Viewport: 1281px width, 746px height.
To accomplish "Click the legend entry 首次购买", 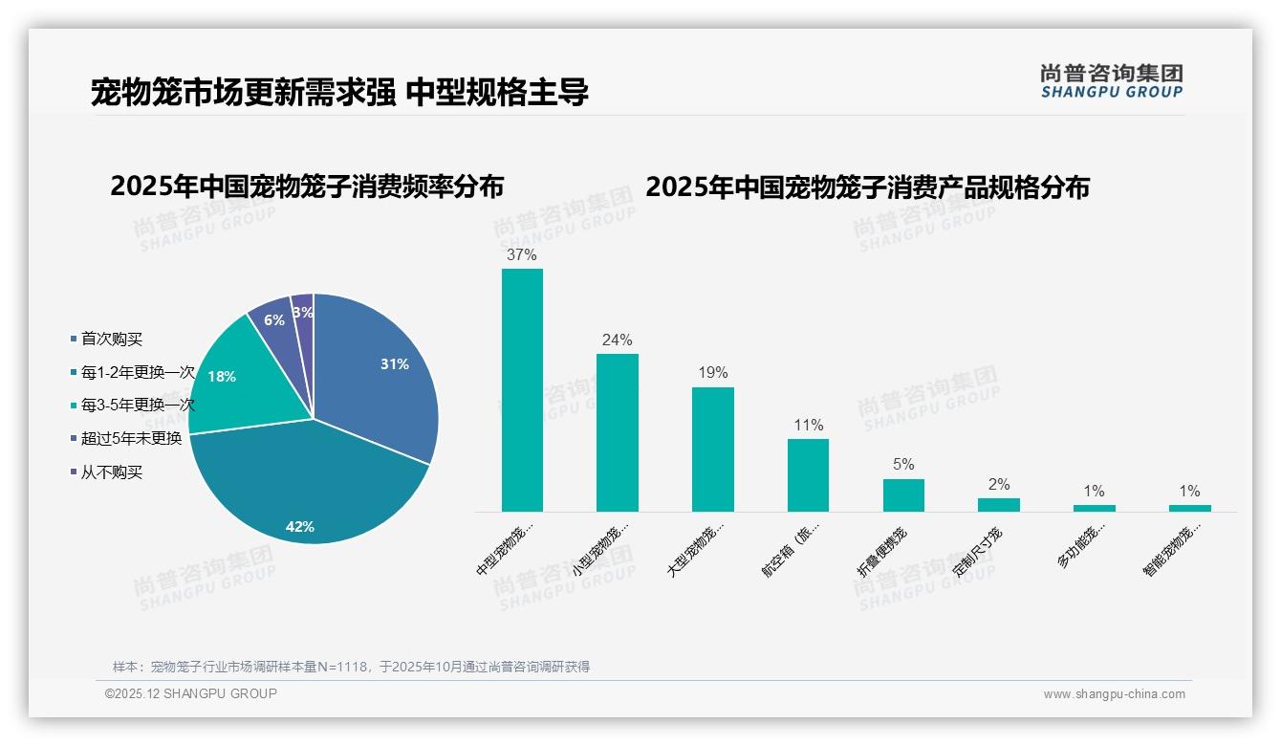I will tap(111, 340).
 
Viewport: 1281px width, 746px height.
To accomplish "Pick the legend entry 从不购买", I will tap(111, 472).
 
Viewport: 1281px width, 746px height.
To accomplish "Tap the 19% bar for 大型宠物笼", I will tap(712, 450).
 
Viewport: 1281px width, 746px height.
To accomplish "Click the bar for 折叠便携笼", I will tap(903, 495).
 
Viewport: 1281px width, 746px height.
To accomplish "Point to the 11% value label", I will tap(808, 426).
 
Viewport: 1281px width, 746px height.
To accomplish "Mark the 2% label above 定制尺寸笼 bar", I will tap(999, 485).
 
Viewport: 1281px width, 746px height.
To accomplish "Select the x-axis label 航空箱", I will tap(791, 549).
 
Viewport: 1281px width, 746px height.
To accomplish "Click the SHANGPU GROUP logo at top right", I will tap(1111, 81).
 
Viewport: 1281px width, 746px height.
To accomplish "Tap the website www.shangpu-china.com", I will tap(1114, 694).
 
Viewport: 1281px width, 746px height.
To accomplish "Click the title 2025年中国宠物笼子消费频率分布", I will tap(307, 186).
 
